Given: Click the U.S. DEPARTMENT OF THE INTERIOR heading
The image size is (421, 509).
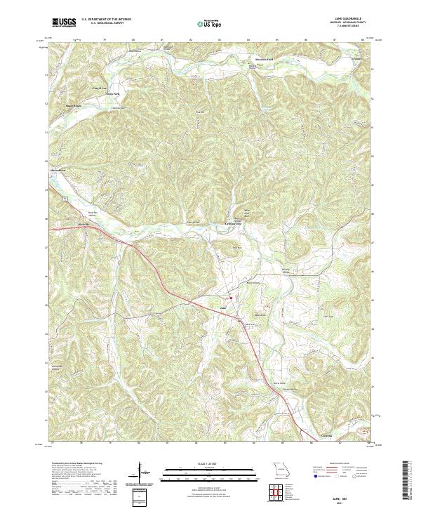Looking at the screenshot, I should (108, 19).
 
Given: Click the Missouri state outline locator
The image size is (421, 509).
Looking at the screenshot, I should (281, 468).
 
